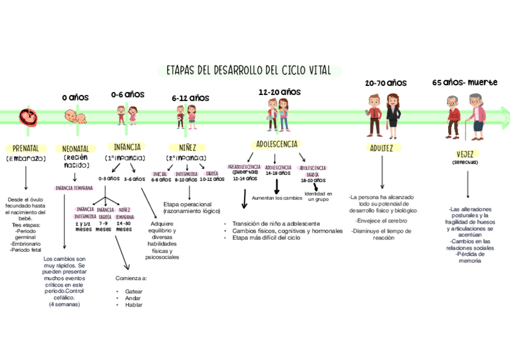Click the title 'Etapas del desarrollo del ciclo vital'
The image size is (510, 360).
(249, 70)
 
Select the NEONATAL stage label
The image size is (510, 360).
(75, 148)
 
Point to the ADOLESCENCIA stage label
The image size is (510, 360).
(277, 144)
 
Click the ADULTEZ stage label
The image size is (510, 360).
(382, 148)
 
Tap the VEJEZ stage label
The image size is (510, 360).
(469, 153)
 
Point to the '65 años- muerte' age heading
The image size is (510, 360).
(465, 82)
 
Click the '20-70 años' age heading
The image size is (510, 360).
(386, 83)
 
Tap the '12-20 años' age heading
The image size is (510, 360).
(280, 92)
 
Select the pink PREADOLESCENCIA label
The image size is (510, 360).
(244, 166)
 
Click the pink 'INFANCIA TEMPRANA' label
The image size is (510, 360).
(74, 188)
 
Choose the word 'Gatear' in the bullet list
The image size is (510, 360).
(134, 291)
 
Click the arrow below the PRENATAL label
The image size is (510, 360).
(26, 178)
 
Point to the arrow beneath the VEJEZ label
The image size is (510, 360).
(469, 185)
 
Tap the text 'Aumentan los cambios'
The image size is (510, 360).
(277, 198)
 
